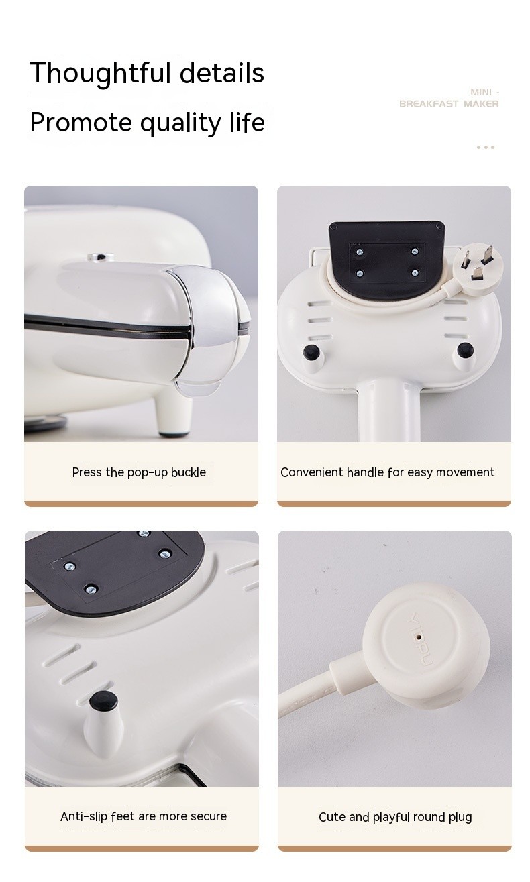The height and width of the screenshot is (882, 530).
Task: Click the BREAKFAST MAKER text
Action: tap(449, 104)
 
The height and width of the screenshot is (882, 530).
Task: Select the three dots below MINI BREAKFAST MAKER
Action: tap(485, 147)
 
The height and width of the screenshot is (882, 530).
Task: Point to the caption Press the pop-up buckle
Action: tap(139, 472)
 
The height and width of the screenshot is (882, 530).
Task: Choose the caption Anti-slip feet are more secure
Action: tap(144, 816)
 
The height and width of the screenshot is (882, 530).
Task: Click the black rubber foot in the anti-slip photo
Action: tap(103, 701)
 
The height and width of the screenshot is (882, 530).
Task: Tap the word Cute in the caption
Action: tap(331, 817)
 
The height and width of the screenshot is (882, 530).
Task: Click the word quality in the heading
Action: tap(176, 123)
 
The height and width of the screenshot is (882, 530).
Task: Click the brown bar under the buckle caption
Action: tap(141, 504)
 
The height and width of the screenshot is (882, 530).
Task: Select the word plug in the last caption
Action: tap(459, 817)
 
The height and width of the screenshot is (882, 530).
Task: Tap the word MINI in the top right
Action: tap(481, 92)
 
